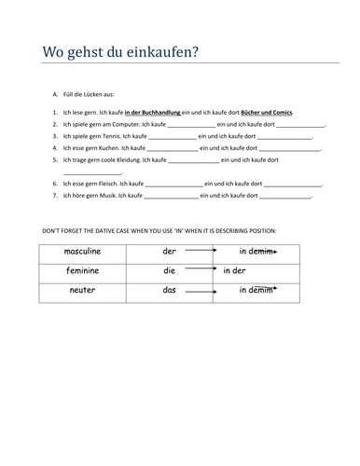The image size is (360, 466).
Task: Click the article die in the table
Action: coord(169,271)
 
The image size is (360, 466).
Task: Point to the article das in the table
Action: coord(169,291)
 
